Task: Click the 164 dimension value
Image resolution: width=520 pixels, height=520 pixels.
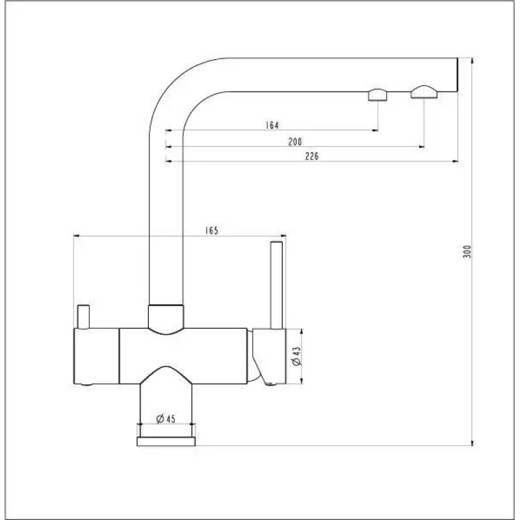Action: coord(272,125)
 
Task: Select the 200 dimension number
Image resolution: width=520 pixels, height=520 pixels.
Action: coord(296,141)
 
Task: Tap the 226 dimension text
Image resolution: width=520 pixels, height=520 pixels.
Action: coord(311,156)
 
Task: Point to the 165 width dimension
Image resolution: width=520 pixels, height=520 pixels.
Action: coord(211,230)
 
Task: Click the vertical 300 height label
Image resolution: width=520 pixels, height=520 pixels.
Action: coord(466,252)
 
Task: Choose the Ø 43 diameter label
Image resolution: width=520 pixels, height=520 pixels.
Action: coord(296,356)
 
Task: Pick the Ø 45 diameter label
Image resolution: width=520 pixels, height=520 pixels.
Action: coord(166,419)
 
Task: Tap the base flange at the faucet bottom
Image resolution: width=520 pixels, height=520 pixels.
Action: coord(166,442)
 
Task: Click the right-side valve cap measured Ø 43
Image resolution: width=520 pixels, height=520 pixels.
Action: coord(268,356)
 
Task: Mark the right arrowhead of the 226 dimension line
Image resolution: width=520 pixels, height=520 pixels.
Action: coord(456,162)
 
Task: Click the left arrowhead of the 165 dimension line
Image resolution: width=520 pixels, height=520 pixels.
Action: coord(78,237)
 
